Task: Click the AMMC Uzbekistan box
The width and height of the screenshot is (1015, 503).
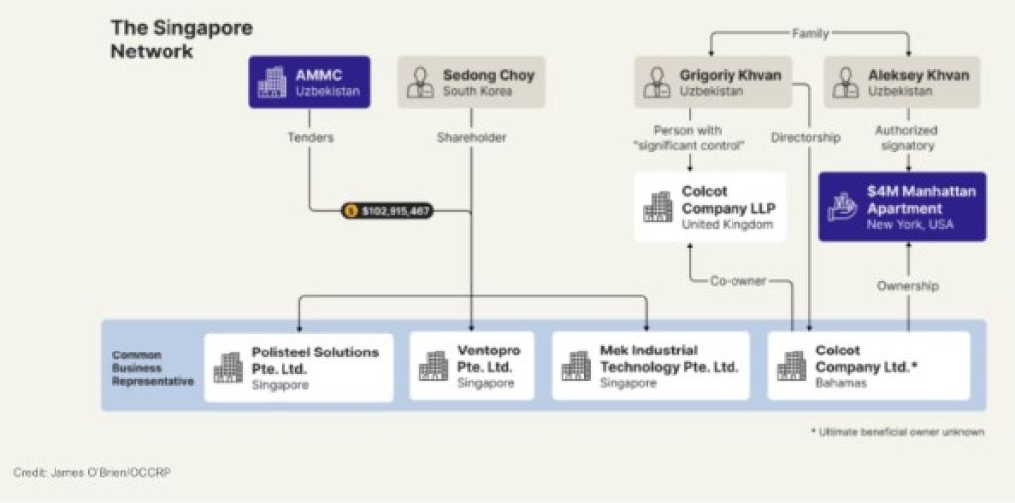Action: tap(307, 82)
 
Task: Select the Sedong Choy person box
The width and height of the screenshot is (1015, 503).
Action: tap(471, 82)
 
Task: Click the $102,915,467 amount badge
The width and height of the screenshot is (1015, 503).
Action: tap(388, 211)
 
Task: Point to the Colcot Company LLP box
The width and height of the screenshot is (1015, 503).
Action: tap(711, 207)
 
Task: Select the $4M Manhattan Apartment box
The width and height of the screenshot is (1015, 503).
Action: tap(902, 207)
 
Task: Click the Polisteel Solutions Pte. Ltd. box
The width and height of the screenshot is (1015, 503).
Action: tap(298, 366)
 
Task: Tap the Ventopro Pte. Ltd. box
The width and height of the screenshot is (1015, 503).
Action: tap(472, 366)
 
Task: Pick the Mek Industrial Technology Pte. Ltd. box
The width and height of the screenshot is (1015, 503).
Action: tap(650, 366)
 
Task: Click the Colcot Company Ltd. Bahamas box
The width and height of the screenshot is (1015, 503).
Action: tap(868, 366)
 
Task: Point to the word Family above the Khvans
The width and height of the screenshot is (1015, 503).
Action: tap(809, 33)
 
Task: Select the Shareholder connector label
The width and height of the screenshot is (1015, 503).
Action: tap(471, 138)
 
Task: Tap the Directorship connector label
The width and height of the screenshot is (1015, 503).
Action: tap(806, 138)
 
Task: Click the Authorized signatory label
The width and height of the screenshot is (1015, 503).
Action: tap(907, 138)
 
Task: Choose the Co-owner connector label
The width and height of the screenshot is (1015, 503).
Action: tap(737, 281)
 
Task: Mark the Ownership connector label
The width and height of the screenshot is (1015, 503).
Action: tap(907, 286)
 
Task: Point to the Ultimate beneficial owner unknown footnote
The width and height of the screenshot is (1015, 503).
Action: tap(897, 432)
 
